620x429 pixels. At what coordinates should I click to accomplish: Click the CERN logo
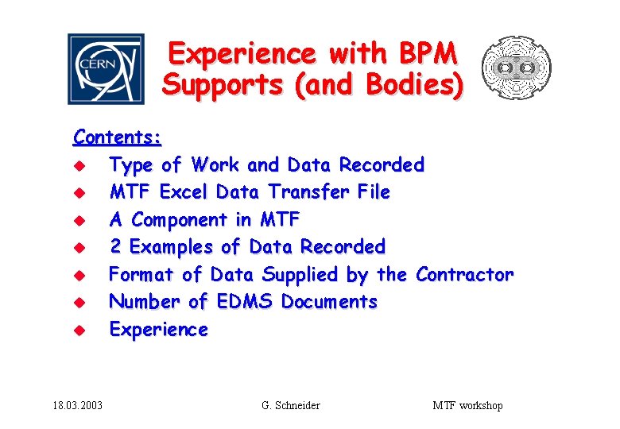pos(106,69)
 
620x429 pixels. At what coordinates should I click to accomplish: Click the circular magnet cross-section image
pos(517,68)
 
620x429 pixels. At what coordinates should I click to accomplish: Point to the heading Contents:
pos(118,137)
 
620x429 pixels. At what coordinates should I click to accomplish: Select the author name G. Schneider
pos(291,406)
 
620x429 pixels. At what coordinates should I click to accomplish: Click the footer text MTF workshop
pos(467,406)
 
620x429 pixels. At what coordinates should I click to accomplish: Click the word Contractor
pos(465,275)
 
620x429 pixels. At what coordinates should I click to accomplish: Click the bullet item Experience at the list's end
pos(158,330)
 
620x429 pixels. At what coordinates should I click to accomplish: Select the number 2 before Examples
pos(116,247)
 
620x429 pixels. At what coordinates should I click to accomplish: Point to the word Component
pos(180,220)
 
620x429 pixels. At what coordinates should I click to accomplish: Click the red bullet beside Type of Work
pos(79,166)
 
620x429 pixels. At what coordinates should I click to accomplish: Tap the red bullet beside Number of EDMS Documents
pos(79,303)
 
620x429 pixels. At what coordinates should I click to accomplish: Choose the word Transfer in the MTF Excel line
pos(301,192)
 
